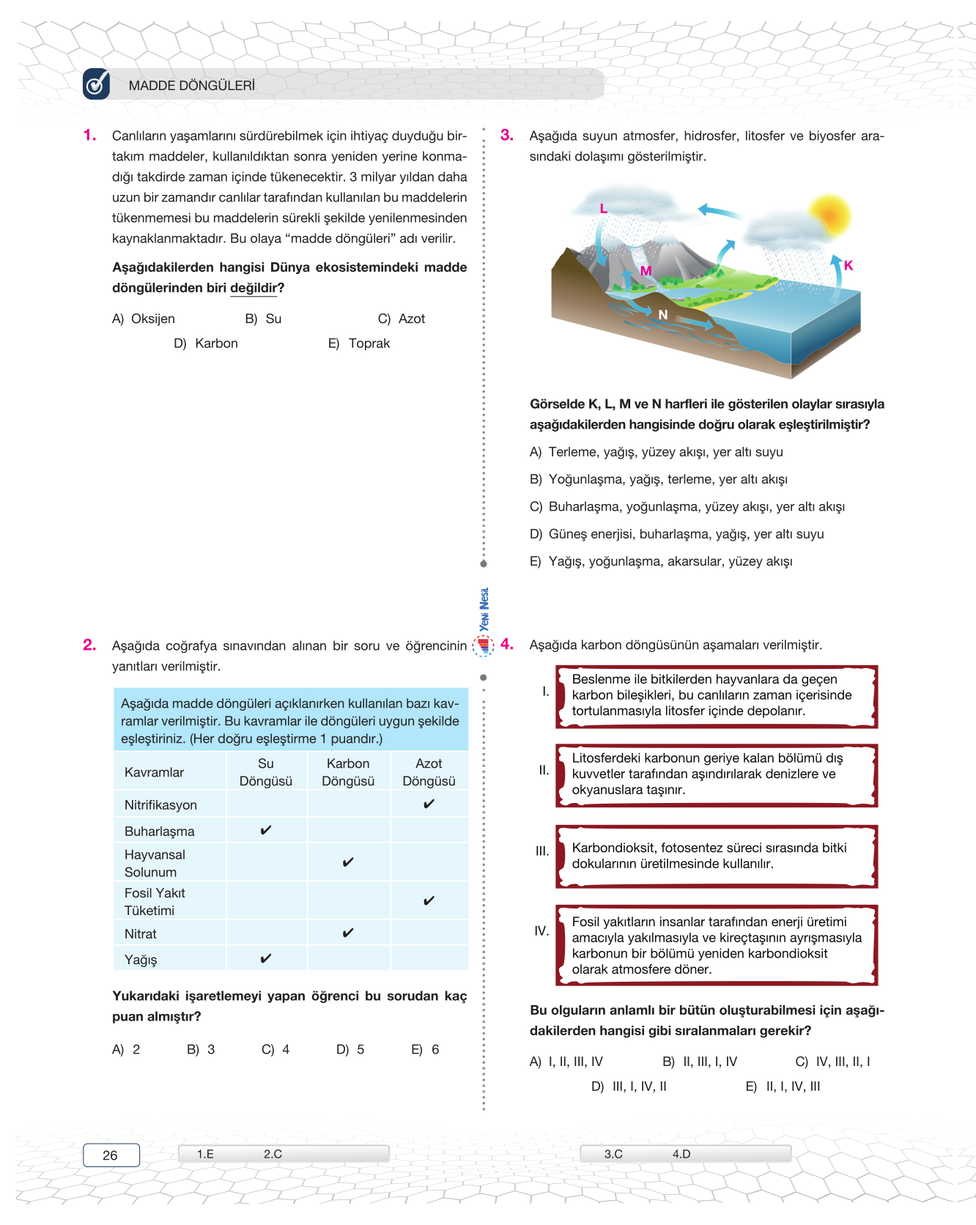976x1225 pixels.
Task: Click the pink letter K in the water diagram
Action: pos(849,265)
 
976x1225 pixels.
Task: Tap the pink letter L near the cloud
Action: pos(603,209)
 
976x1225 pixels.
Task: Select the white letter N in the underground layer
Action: pos(662,315)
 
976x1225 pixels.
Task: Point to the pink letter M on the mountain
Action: pos(646,271)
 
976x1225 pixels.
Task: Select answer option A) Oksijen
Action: pos(144,319)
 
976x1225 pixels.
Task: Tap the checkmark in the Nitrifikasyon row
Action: pos(429,804)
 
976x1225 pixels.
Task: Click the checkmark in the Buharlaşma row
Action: pos(266,830)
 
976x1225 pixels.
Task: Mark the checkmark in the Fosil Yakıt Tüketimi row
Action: pos(429,900)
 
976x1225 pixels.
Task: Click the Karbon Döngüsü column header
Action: pos(348,772)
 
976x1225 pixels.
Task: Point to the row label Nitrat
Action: pos(141,934)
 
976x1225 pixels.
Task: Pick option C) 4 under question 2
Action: pos(276,1049)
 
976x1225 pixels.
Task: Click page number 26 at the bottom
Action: pos(111,1155)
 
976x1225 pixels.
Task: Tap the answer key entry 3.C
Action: pos(613,1154)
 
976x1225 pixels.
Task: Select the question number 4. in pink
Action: pos(507,645)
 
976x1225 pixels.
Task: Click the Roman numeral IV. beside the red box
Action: pos(541,930)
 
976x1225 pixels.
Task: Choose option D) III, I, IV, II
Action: pos(629,1086)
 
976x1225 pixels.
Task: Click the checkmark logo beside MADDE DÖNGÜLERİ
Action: pos(97,84)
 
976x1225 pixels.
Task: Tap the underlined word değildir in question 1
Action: pos(254,288)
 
